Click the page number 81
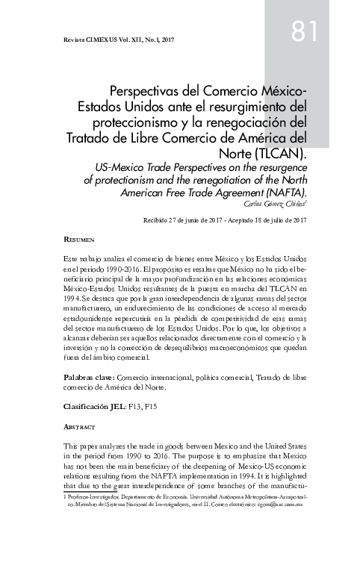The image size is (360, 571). [x=305, y=31]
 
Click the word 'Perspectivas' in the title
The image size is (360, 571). [x=152, y=90]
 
